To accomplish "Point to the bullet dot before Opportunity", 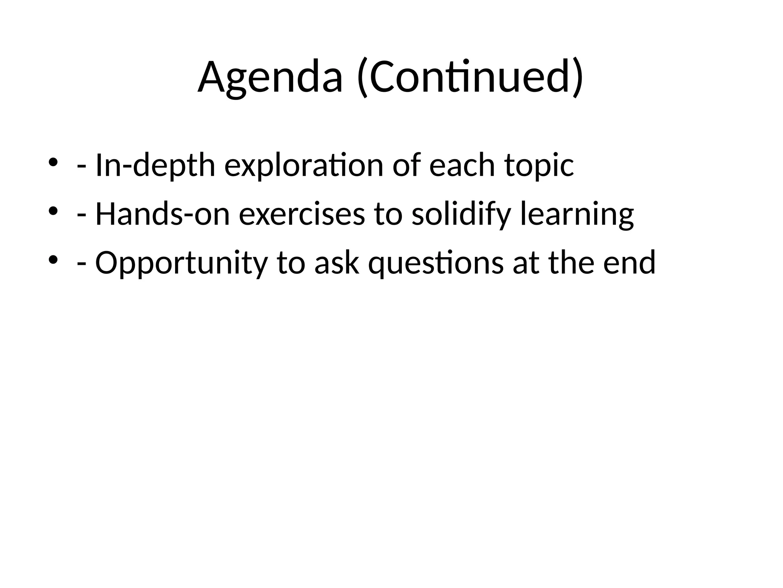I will [53, 259].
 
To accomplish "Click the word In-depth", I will [155, 165].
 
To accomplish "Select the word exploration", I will [304, 165].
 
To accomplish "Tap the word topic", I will [539, 166].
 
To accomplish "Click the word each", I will [462, 165].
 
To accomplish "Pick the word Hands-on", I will [162, 214].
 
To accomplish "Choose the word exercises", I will [302, 214].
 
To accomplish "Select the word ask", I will [337, 263].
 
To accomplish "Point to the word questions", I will [436, 263].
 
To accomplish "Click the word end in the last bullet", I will [629, 263].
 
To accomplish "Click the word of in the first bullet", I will [406, 165].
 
